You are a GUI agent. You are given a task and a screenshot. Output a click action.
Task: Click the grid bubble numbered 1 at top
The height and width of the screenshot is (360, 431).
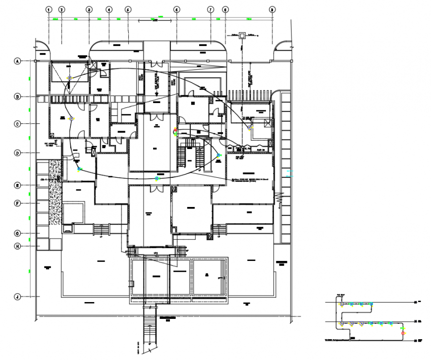click(49, 9)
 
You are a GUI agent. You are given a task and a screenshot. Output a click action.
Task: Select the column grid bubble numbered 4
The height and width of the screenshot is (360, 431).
click(109, 9)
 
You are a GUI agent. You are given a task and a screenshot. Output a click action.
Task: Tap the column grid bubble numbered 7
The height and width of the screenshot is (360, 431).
click(210, 9)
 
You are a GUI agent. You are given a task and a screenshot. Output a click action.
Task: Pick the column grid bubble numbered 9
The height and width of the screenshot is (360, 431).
click(271, 9)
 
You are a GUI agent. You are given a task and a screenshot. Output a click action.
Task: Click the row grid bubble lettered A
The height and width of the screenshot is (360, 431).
click(17, 61)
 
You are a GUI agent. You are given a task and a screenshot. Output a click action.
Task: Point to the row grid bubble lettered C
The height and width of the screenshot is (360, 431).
click(17, 124)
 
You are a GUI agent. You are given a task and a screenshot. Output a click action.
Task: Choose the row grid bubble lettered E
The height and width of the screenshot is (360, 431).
click(17, 186)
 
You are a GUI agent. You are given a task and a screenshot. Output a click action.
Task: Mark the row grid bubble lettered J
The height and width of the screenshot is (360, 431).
click(17, 297)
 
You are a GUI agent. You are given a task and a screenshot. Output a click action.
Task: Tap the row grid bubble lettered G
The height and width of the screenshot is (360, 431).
click(17, 233)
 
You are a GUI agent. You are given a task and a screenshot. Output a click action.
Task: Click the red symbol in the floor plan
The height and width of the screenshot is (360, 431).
click(175, 131)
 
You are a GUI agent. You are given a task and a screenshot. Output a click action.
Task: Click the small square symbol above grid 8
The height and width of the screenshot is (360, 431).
click(242, 35)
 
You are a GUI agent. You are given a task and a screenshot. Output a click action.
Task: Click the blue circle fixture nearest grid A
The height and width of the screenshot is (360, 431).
click(70, 78)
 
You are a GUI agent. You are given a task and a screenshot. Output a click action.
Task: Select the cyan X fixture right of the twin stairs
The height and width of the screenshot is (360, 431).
click(218, 155)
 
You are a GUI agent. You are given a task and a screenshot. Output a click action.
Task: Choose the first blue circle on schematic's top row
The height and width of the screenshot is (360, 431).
click(341, 304)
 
